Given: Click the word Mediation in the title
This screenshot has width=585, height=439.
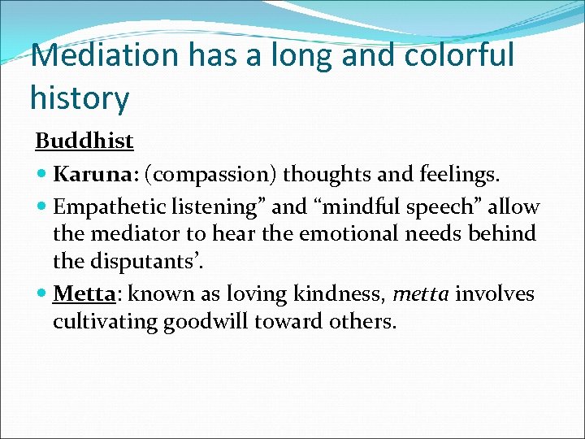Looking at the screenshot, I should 96,55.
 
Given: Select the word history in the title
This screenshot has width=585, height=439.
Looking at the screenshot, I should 79,98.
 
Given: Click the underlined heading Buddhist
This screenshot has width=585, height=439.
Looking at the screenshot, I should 84,141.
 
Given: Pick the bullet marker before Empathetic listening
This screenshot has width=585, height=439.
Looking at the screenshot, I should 42,207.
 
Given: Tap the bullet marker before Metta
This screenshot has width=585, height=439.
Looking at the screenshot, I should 42,293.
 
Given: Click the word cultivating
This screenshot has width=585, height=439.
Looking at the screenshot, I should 105,321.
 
